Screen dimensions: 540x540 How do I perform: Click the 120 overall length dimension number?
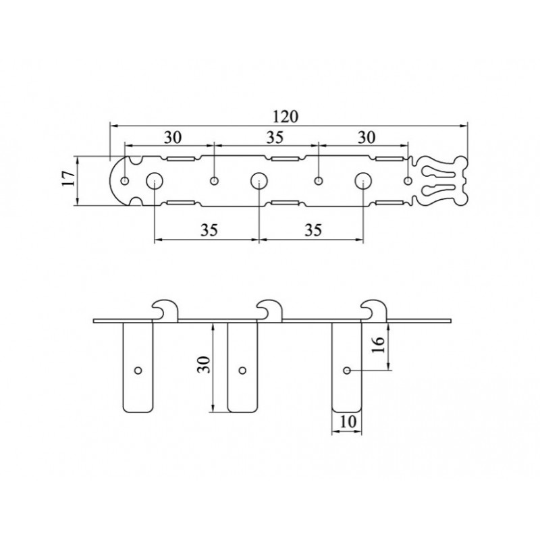[x=286, y=116]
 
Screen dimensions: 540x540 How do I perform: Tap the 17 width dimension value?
[x=69, y=179]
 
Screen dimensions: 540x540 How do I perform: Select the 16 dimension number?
[x=378, y=344]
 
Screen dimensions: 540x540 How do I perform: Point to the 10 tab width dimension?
[x=348, y=421]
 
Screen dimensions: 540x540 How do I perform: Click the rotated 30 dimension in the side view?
[x=204, y=364]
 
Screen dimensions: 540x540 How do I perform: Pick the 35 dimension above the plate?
[x=275, y=138]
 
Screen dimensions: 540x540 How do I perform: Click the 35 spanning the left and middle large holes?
[x=209, y=230]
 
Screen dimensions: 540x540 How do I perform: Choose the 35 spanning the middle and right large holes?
[x=313, y=230]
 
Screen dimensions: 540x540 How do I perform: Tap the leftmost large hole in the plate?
[x=155, y=180]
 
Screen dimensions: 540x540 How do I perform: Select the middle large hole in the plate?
[x=259, y=180]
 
